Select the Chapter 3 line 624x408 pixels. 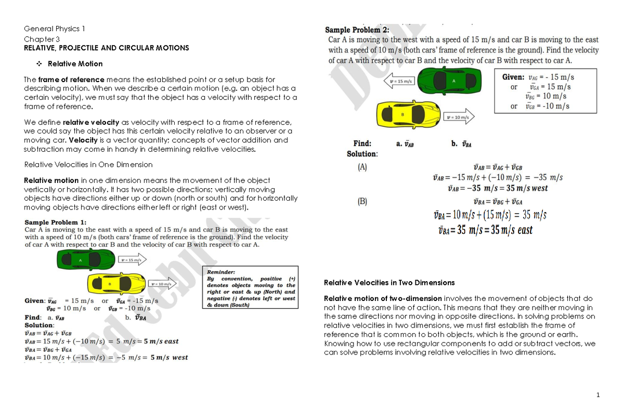(42, 39)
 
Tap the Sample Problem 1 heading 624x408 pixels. (56, 222)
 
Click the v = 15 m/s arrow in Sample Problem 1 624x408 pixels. (133, 259)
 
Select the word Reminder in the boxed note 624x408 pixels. (221, 272)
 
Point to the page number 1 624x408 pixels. (599, 395)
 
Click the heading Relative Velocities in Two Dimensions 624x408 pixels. (389, 283)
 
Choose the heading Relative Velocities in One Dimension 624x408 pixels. (88, 165)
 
